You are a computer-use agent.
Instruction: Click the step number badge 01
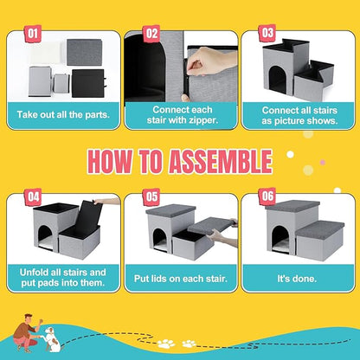point(34,35)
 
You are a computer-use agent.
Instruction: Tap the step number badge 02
point(151,35)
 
